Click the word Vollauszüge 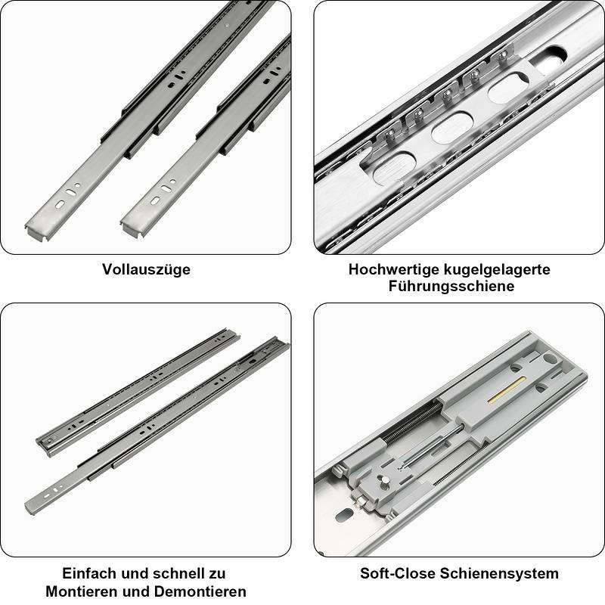tap(146, 269)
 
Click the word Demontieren tap(199, 591)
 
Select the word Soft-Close tap(396, 573)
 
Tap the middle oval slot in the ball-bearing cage tap(451, 128)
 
